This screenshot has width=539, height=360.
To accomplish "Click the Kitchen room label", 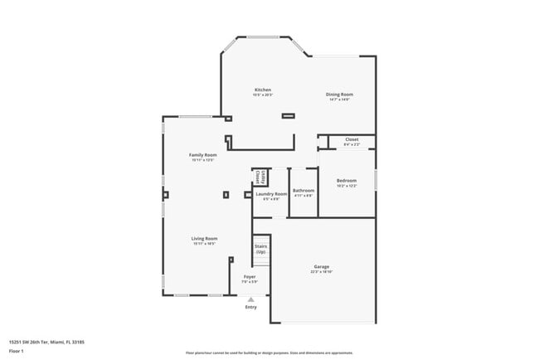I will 263,90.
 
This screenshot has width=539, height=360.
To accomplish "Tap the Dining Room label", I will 339,95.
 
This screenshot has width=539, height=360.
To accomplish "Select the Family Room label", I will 203,155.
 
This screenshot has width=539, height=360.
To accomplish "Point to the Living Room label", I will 204,239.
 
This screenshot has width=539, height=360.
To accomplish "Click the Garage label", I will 321,267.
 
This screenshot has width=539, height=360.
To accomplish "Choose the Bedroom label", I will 347,181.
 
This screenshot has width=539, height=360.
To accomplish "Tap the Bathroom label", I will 303,191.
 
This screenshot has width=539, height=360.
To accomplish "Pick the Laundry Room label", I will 271,194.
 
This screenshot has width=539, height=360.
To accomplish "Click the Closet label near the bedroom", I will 352,140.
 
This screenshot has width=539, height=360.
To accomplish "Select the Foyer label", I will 250,276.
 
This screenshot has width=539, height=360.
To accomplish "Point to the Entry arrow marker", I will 250,299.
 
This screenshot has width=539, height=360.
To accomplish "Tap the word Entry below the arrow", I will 250,307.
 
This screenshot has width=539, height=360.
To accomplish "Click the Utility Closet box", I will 259,177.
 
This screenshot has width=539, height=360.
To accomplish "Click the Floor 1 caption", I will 17,349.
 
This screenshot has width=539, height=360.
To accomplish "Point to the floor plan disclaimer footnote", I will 269,353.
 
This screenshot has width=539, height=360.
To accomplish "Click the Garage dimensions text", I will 321,272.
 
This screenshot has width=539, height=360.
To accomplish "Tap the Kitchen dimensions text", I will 263,95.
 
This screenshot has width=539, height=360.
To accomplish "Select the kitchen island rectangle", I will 288,116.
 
